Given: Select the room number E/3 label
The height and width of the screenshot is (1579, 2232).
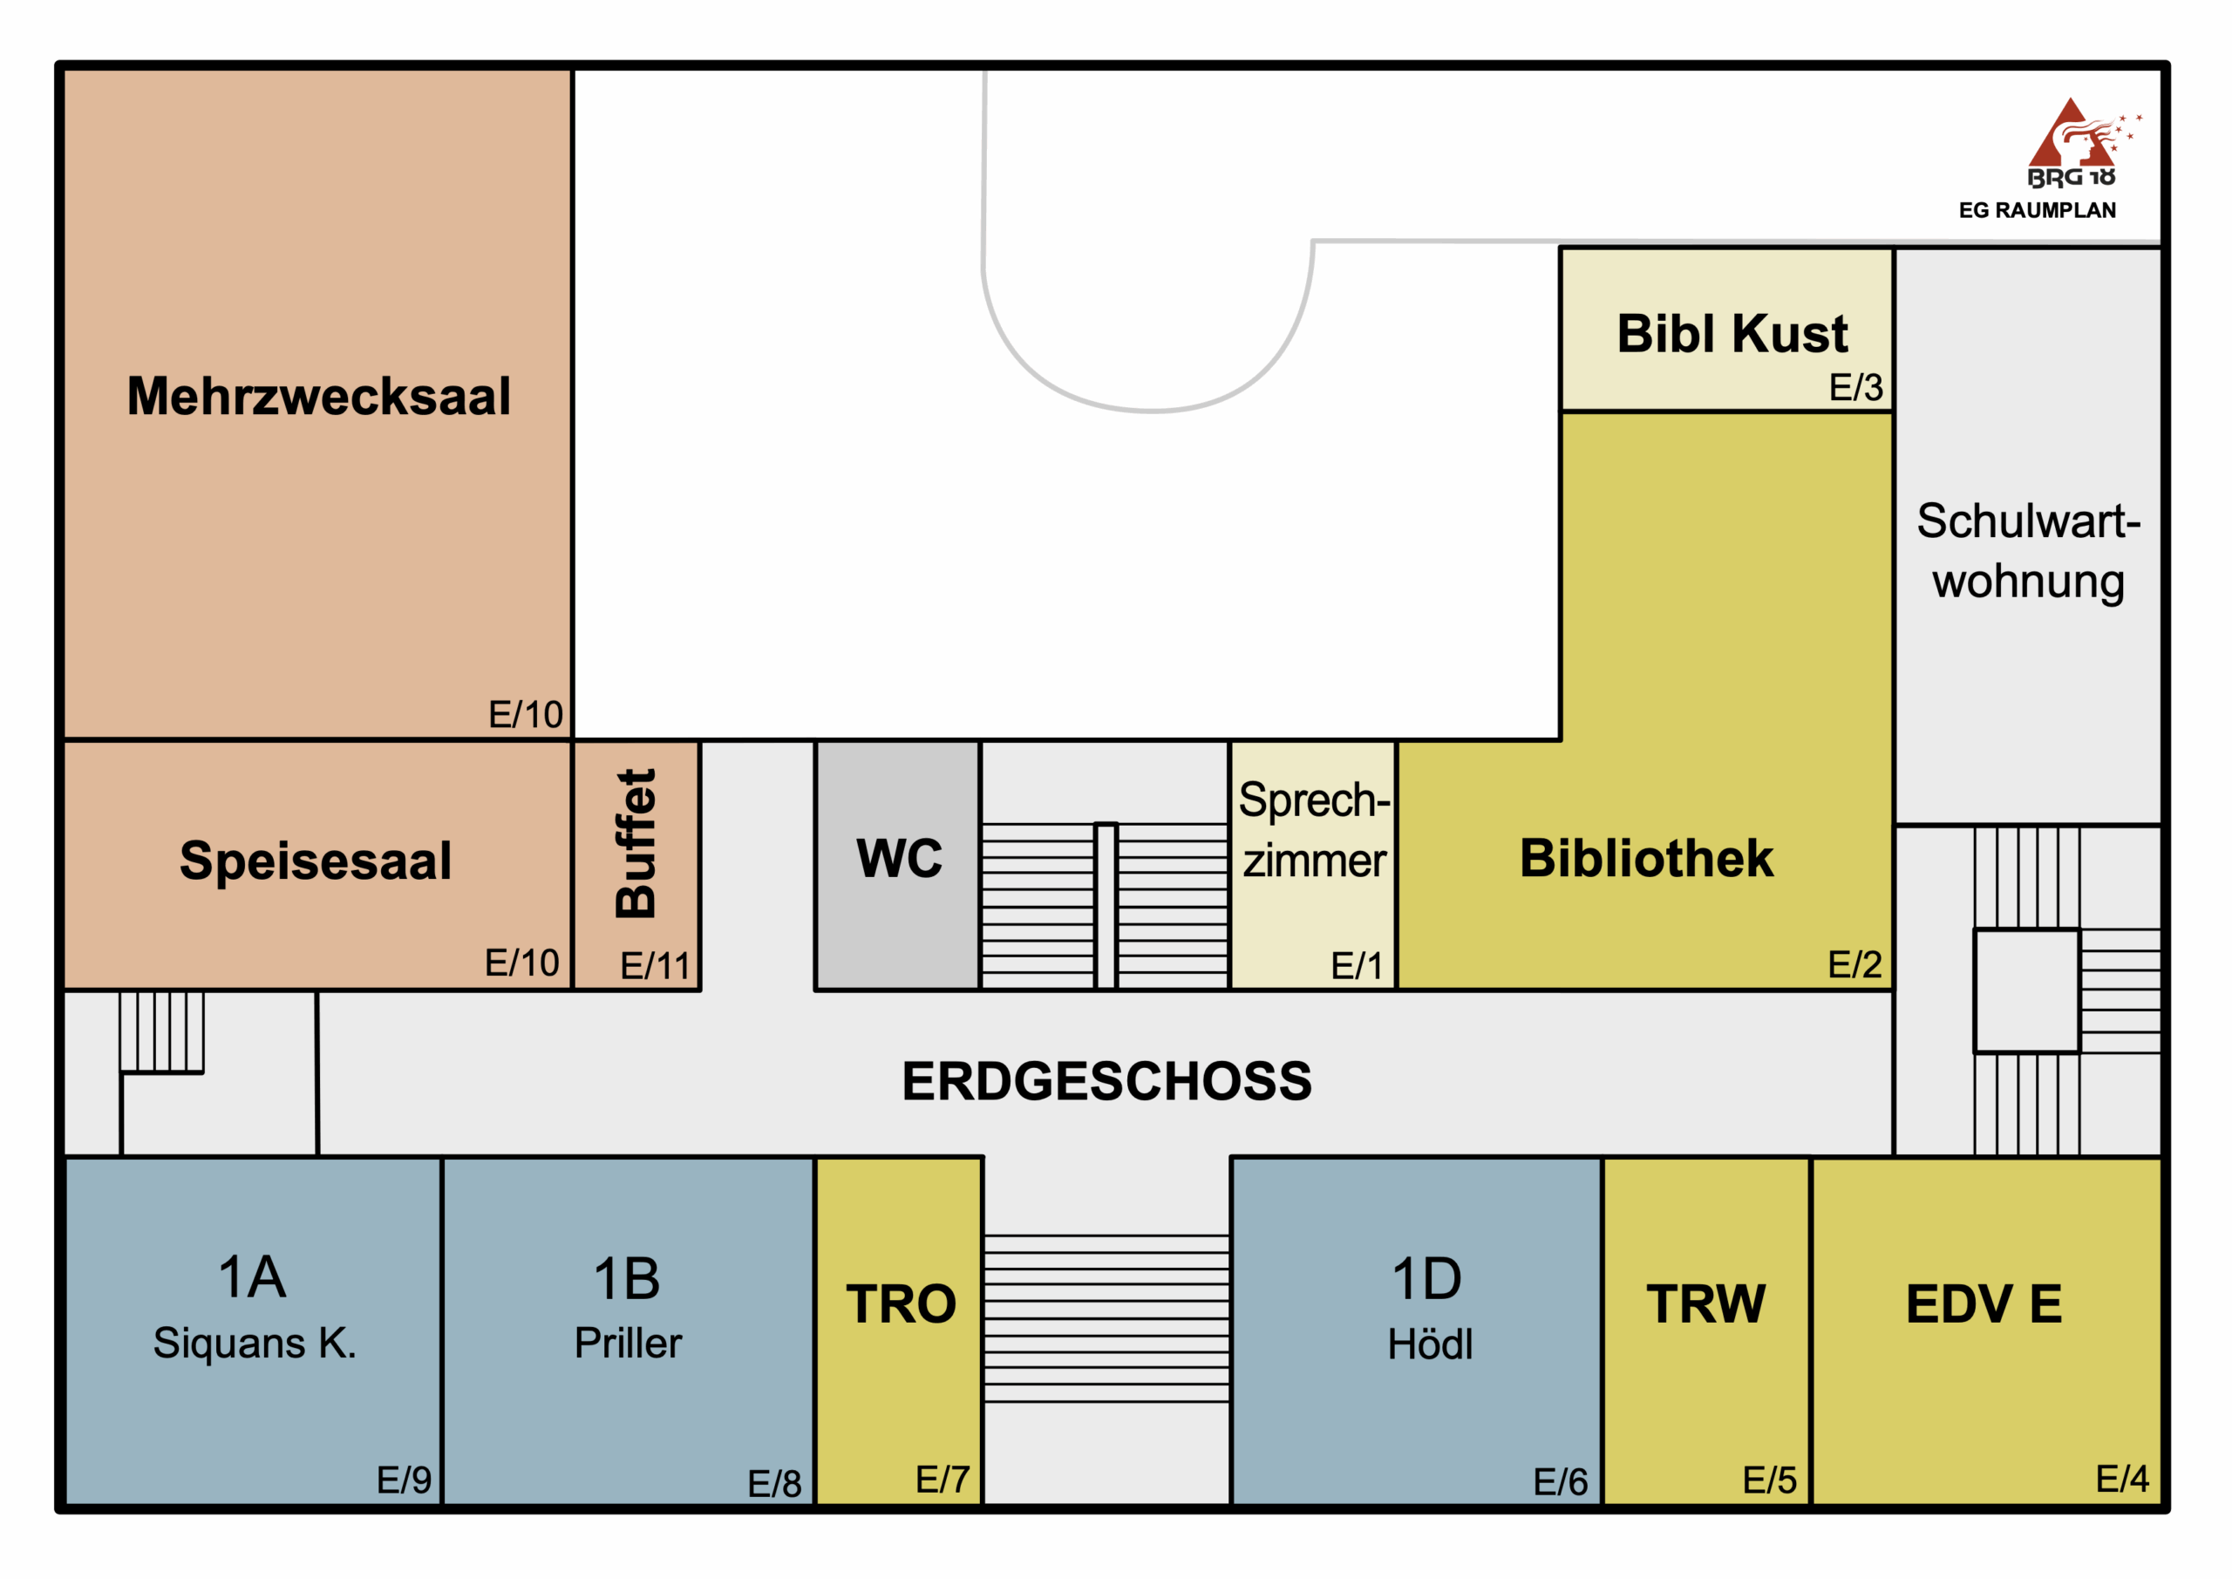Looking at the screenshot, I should (1856, 387).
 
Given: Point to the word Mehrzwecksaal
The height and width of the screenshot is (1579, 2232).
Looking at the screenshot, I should (318, 396).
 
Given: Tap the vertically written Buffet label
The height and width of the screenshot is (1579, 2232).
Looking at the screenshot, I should (636, 843).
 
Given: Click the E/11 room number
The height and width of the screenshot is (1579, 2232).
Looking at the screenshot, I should (654, 965).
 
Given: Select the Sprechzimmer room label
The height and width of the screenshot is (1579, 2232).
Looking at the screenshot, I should (1313, 829).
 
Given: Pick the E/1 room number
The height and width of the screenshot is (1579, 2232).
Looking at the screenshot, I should (1356, 965).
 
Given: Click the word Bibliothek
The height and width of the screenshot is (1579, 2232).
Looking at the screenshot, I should (1646, 859).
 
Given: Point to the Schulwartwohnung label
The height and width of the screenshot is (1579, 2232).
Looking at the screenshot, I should (2028, 550).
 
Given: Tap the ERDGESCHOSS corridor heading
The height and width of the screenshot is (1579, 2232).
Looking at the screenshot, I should (1106, 1081).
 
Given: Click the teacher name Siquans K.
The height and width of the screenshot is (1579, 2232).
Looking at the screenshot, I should (255, 1343).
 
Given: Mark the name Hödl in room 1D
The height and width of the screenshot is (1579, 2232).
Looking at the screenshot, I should (1430, 1344).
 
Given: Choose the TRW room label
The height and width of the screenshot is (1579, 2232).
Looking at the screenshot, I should (1706, 1303).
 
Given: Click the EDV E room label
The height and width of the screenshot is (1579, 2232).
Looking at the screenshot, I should (1984, 1303).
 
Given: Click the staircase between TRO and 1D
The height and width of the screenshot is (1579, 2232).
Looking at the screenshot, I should (1106, 1317).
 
